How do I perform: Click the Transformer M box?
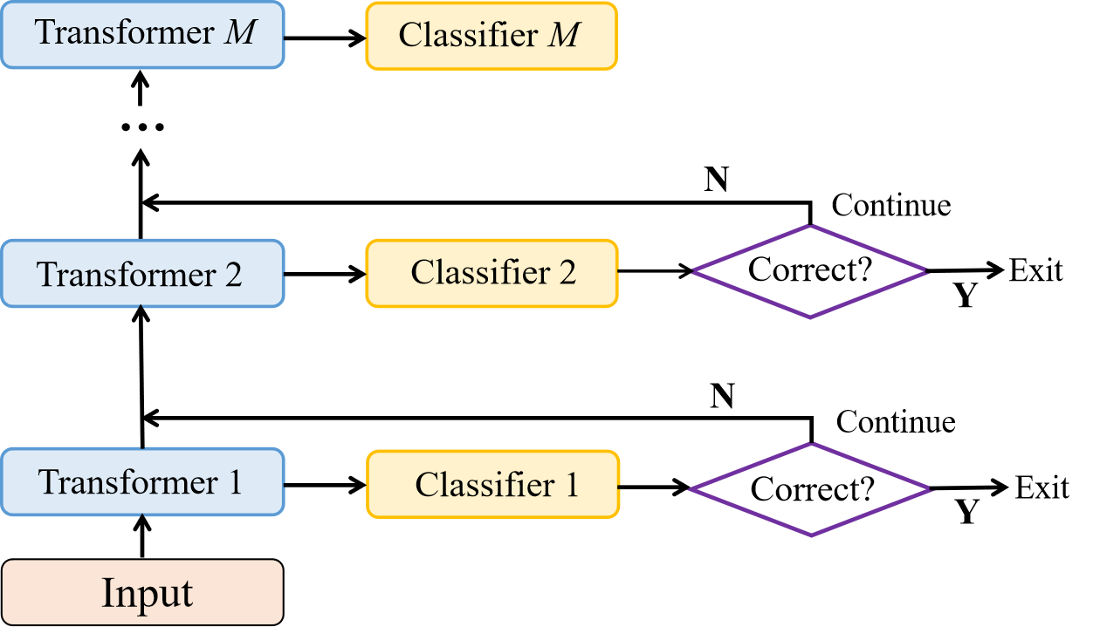pyautogui.click(x=142, y=35)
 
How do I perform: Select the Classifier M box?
pyautogui.click(x=492, y=36)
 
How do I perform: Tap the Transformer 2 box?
pyautogui.click(x=142, y=274)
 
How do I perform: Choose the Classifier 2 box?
pyautogui.click(x=492, y=273)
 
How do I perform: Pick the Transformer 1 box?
pyautogui.click(x=142, y=482)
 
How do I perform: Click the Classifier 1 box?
pyautogui.click(x=493, y=485)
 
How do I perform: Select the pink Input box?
pyautogui.click(x=142, y=593)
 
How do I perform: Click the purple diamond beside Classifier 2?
pyautogui.click(x=809, y=272)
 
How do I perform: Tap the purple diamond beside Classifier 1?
pyautogui.click(x=810, y=489)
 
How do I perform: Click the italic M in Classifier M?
pyautogui.click(x=565, y=36)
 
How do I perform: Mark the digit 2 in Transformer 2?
pyautogui.click(x=232, y=275)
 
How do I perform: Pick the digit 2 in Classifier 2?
pyautogui.click(x=567, y=273)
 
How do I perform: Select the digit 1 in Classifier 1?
pyautogui.click(x=571, y=485)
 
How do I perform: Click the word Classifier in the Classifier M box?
pyautogui.click(x=468, y=36)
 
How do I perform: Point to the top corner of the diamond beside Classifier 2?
pyautogui.click(x=810, y=227)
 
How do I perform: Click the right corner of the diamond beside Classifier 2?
pyautogui.click(x=925, y=272)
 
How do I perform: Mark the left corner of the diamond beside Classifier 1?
pyautogui.click(x=691, y=489)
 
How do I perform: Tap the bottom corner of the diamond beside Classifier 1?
pyautogui.click(x=811, y=535)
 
